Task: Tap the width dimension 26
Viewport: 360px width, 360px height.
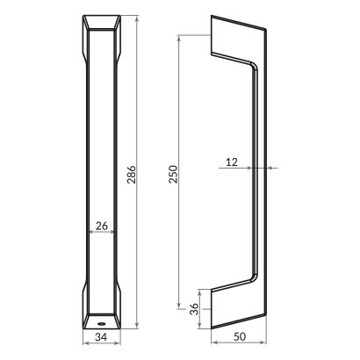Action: (101, 226)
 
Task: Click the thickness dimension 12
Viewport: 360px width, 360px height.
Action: (232, 161)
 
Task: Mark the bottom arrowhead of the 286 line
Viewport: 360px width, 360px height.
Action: (137, 325)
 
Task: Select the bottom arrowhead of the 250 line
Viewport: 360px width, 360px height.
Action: (178, 299)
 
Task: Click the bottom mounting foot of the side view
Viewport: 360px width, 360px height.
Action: (235, 305)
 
